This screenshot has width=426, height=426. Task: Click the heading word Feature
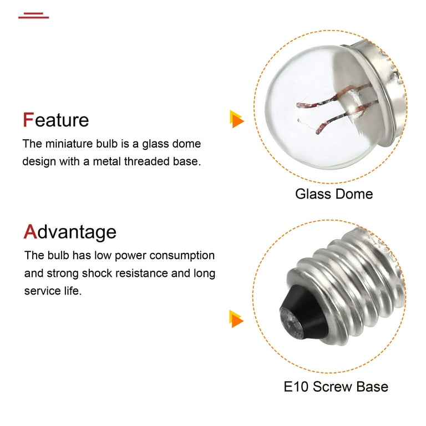[55, 120]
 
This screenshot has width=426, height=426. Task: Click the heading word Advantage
[70, 231]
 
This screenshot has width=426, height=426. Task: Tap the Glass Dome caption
[334, 194]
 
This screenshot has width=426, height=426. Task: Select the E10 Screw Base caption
[336, 387]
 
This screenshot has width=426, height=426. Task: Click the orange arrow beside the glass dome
[237, 119]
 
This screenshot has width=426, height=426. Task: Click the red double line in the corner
[33, 15]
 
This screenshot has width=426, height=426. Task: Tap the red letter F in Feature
[28, 120]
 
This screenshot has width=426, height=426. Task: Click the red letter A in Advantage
[30, 231]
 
